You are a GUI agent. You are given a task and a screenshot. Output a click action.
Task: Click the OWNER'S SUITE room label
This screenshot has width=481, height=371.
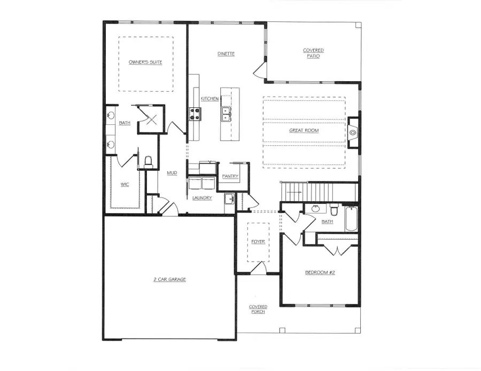[x=145, y=62]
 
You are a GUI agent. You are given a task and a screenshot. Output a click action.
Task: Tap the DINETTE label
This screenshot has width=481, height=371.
[x=226, y=54]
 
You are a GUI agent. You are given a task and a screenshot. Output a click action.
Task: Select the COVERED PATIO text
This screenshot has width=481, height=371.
[x=313, y=53]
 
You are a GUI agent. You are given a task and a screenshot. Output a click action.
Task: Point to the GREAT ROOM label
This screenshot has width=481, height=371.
[x=304, y=130]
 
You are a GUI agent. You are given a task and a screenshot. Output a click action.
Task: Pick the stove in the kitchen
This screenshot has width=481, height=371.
[x=193, y=114]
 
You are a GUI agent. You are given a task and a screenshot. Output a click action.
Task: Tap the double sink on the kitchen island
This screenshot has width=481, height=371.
[x=226, y=114]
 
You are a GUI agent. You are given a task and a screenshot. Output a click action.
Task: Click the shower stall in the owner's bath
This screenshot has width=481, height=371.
[x=151, y=119]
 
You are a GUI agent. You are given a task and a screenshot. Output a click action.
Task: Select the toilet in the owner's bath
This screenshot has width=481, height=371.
[x=149, y=161]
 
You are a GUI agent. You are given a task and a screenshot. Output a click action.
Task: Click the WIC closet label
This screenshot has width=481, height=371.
[x=125, y=185]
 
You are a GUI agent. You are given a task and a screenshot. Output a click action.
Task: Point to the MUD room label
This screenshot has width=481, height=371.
[x=172, y=172]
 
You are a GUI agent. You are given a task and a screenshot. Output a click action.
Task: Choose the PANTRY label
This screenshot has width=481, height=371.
[x=230, y=176]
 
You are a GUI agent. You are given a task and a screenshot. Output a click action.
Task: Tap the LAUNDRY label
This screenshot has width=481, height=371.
[x=202, y=198]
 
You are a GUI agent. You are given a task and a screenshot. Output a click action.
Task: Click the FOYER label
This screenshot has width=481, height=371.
[x=258, y=241]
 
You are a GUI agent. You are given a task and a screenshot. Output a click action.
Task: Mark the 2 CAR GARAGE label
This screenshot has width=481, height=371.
[x=169, y=279]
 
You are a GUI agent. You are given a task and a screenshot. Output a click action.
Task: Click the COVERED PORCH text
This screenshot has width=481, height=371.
[x=258, y=309]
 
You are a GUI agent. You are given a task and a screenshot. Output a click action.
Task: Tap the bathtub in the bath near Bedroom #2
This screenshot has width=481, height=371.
[x=351, y=219]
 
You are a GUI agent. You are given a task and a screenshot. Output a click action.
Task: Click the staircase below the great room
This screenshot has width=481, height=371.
[x=319, y=191]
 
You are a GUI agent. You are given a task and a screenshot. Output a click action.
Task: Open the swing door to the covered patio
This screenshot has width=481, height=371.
[x=260, y=68]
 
